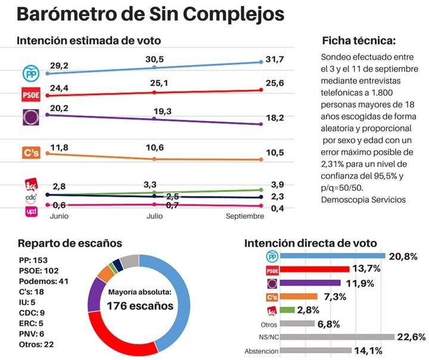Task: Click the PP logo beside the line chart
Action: pos(30,73)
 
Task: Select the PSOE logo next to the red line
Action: pos(30,95)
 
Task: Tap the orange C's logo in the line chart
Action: pos(30,153)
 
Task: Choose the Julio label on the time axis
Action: pos(154,216)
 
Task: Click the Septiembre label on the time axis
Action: pos(244,216)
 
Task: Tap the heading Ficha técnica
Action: pos(358,41)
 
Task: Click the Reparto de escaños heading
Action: pos(70,243)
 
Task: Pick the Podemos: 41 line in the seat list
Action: pos(45,280)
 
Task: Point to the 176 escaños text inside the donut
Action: pos(139,306)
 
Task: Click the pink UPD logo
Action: pos(30,211)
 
